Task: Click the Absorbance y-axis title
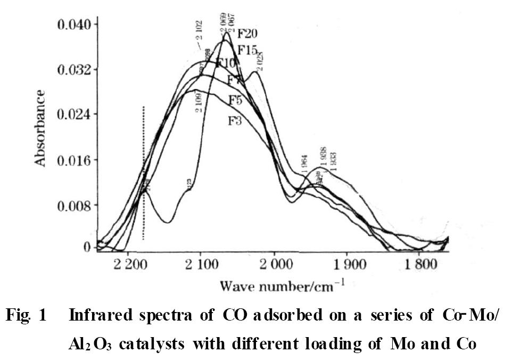(x=40, y=128)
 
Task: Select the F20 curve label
(x=247, y=34)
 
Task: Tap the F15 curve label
(x=247, y=51)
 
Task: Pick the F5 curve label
(x=236, y=100)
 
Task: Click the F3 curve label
(x=235, y=120)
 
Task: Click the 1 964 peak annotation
(x=304, y=162)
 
